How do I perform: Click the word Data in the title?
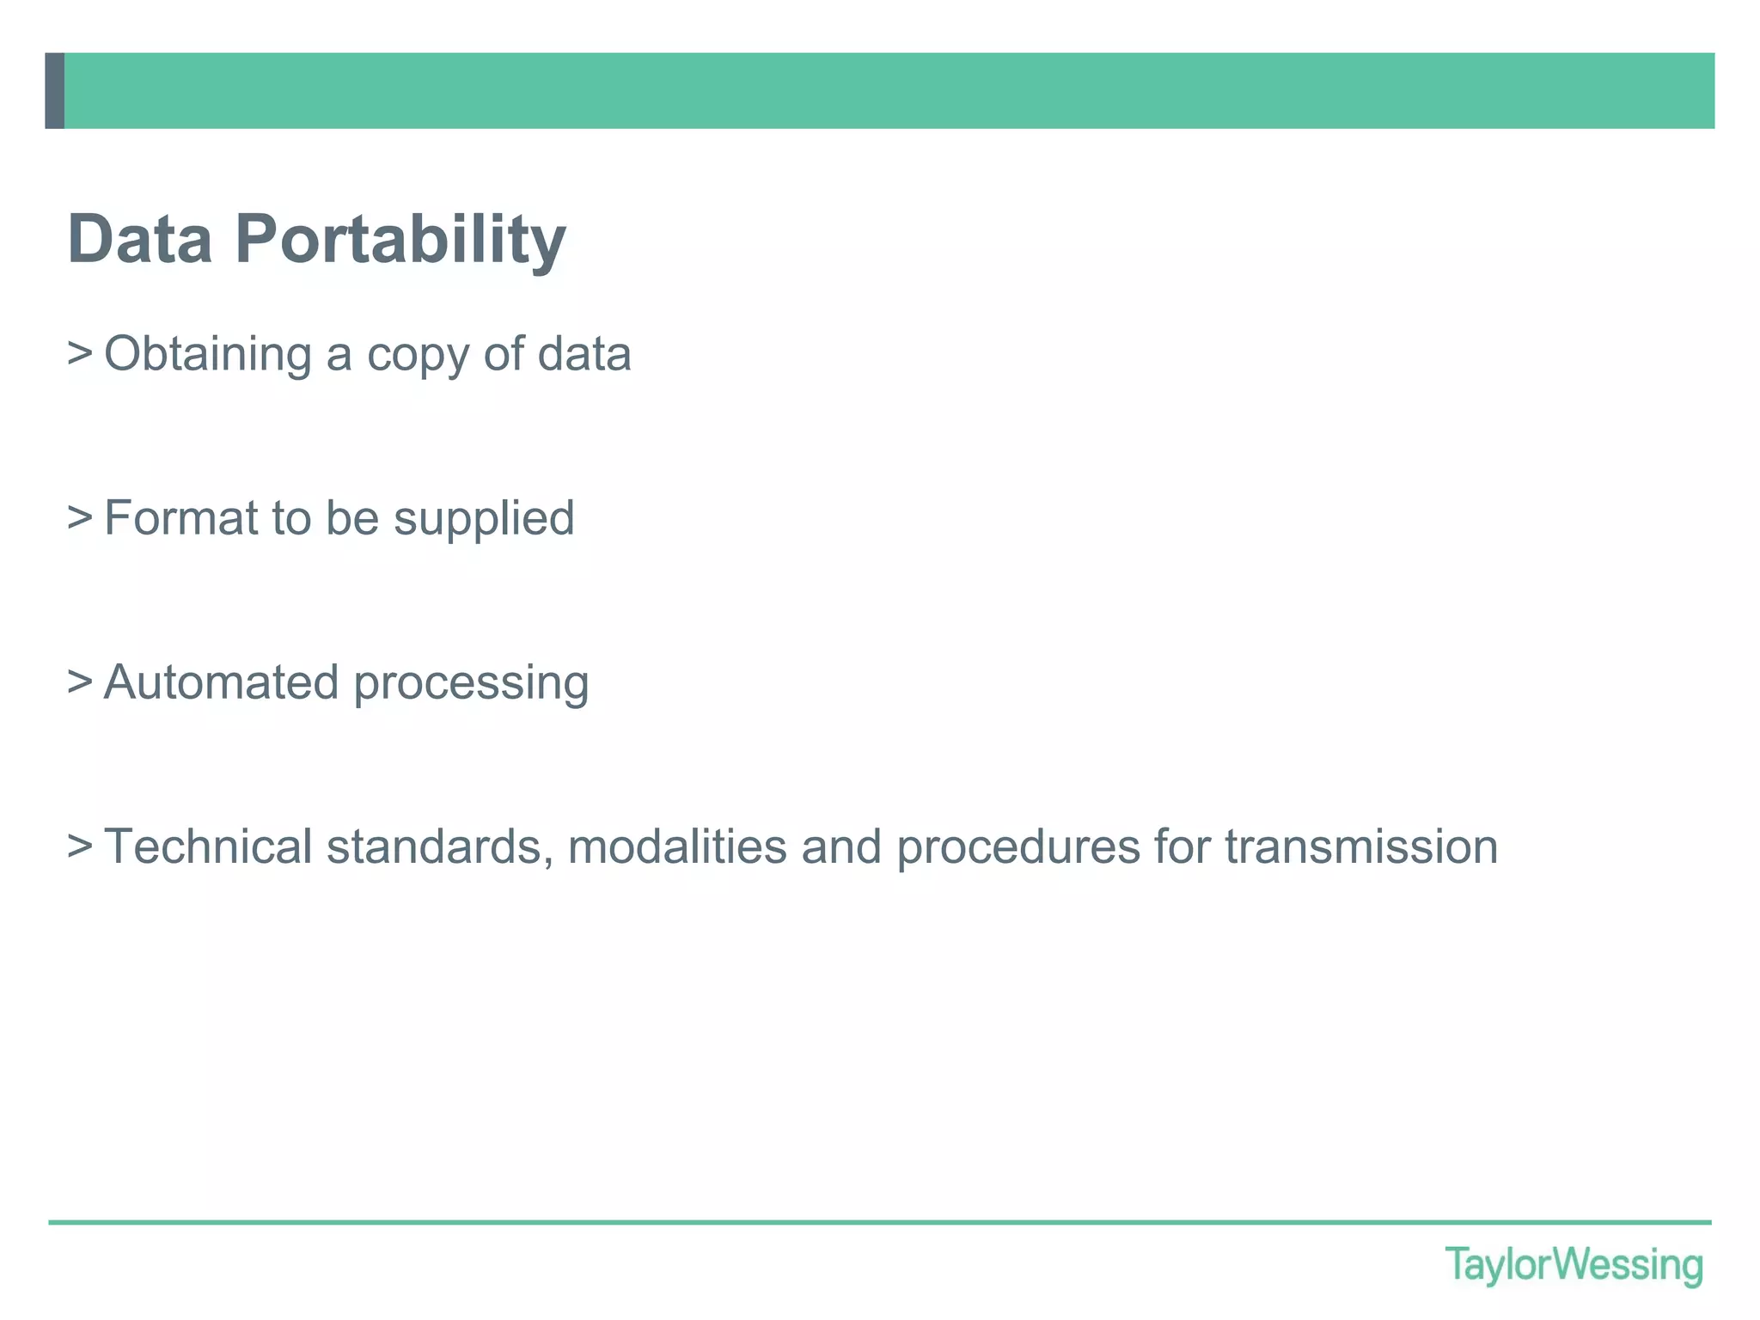(140, 239)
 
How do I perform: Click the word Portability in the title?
(400, 241)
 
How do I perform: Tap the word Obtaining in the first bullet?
(208, 354)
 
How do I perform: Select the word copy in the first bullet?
(418, 356)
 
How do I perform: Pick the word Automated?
(221, 682)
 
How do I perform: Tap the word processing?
(471, 685)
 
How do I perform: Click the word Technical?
(208, 846)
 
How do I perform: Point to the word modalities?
(677, 846)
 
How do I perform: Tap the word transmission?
(1361, 846)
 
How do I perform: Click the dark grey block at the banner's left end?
(54, 90)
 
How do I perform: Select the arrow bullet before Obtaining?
(80, 353)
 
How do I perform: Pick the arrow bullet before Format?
(80, 517)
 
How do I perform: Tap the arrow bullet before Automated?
(80, 681)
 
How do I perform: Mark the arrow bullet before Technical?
(80, 846)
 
